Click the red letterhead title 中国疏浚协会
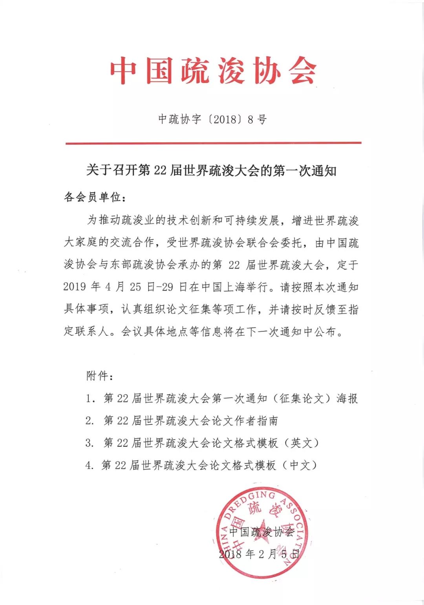(x=213, y=71)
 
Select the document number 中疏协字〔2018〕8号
(x=212, y=119)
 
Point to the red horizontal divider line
(x=213, y=143)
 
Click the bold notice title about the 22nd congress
(x=211, y=171)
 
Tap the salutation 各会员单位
(x=94, y=197)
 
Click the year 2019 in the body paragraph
(x=75, y=287)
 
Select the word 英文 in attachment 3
(x=301, y=443)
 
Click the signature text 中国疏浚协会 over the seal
(x=261, y=532)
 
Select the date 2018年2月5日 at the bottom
(x=259, y=554)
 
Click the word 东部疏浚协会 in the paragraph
(x=143, y=265)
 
